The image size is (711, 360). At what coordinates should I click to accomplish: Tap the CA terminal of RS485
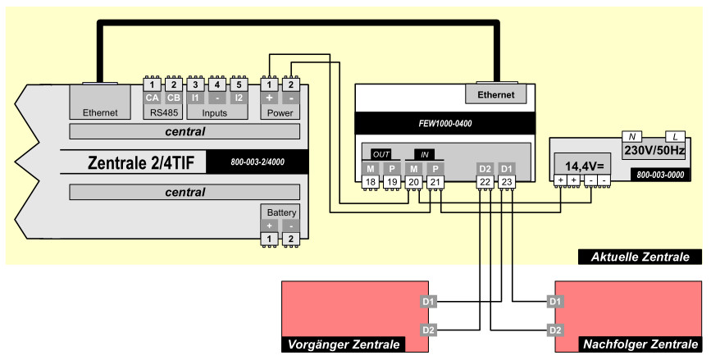pos(152,98)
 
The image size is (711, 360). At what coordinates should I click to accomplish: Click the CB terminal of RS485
pos(173,98)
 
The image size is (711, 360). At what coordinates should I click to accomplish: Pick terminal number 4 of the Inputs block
pos(216,84)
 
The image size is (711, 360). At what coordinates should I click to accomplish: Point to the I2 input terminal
pos(239,98)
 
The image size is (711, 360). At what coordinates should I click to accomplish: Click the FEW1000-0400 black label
pos(444,124)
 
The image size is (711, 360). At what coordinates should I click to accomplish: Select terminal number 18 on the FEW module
pos(370,182)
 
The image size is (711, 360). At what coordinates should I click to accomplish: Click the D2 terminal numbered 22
pos(485,182)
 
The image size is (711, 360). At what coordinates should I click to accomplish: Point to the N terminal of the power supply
pos(632,136)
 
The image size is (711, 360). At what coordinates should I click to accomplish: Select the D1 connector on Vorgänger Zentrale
pos(427,301)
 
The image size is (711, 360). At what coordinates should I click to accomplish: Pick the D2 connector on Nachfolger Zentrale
pos(555,330)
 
